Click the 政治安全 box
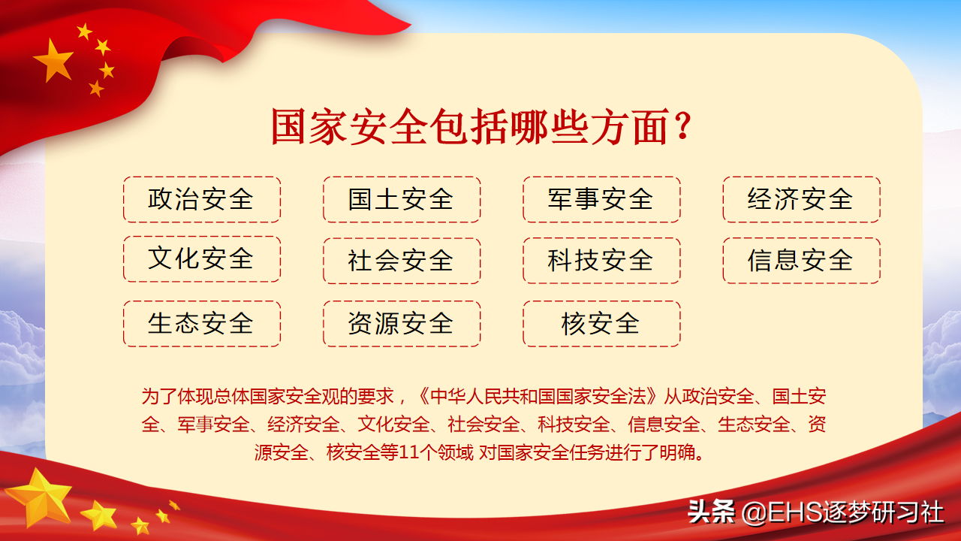(202, 199)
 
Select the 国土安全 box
(402, 199)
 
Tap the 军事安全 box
(601, 199)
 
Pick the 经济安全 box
(801, 199)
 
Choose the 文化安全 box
(202, 259)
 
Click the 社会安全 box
(402, 261)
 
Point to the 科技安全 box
(601, 260)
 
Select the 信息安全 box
(801, 260)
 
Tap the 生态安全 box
(202, 323)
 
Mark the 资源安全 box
(402, 323)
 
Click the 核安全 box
(601, 323)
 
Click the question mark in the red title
(682, 125)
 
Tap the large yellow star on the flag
(53, 60)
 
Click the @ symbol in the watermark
(754, 512)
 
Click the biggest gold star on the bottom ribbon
(40, 498)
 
